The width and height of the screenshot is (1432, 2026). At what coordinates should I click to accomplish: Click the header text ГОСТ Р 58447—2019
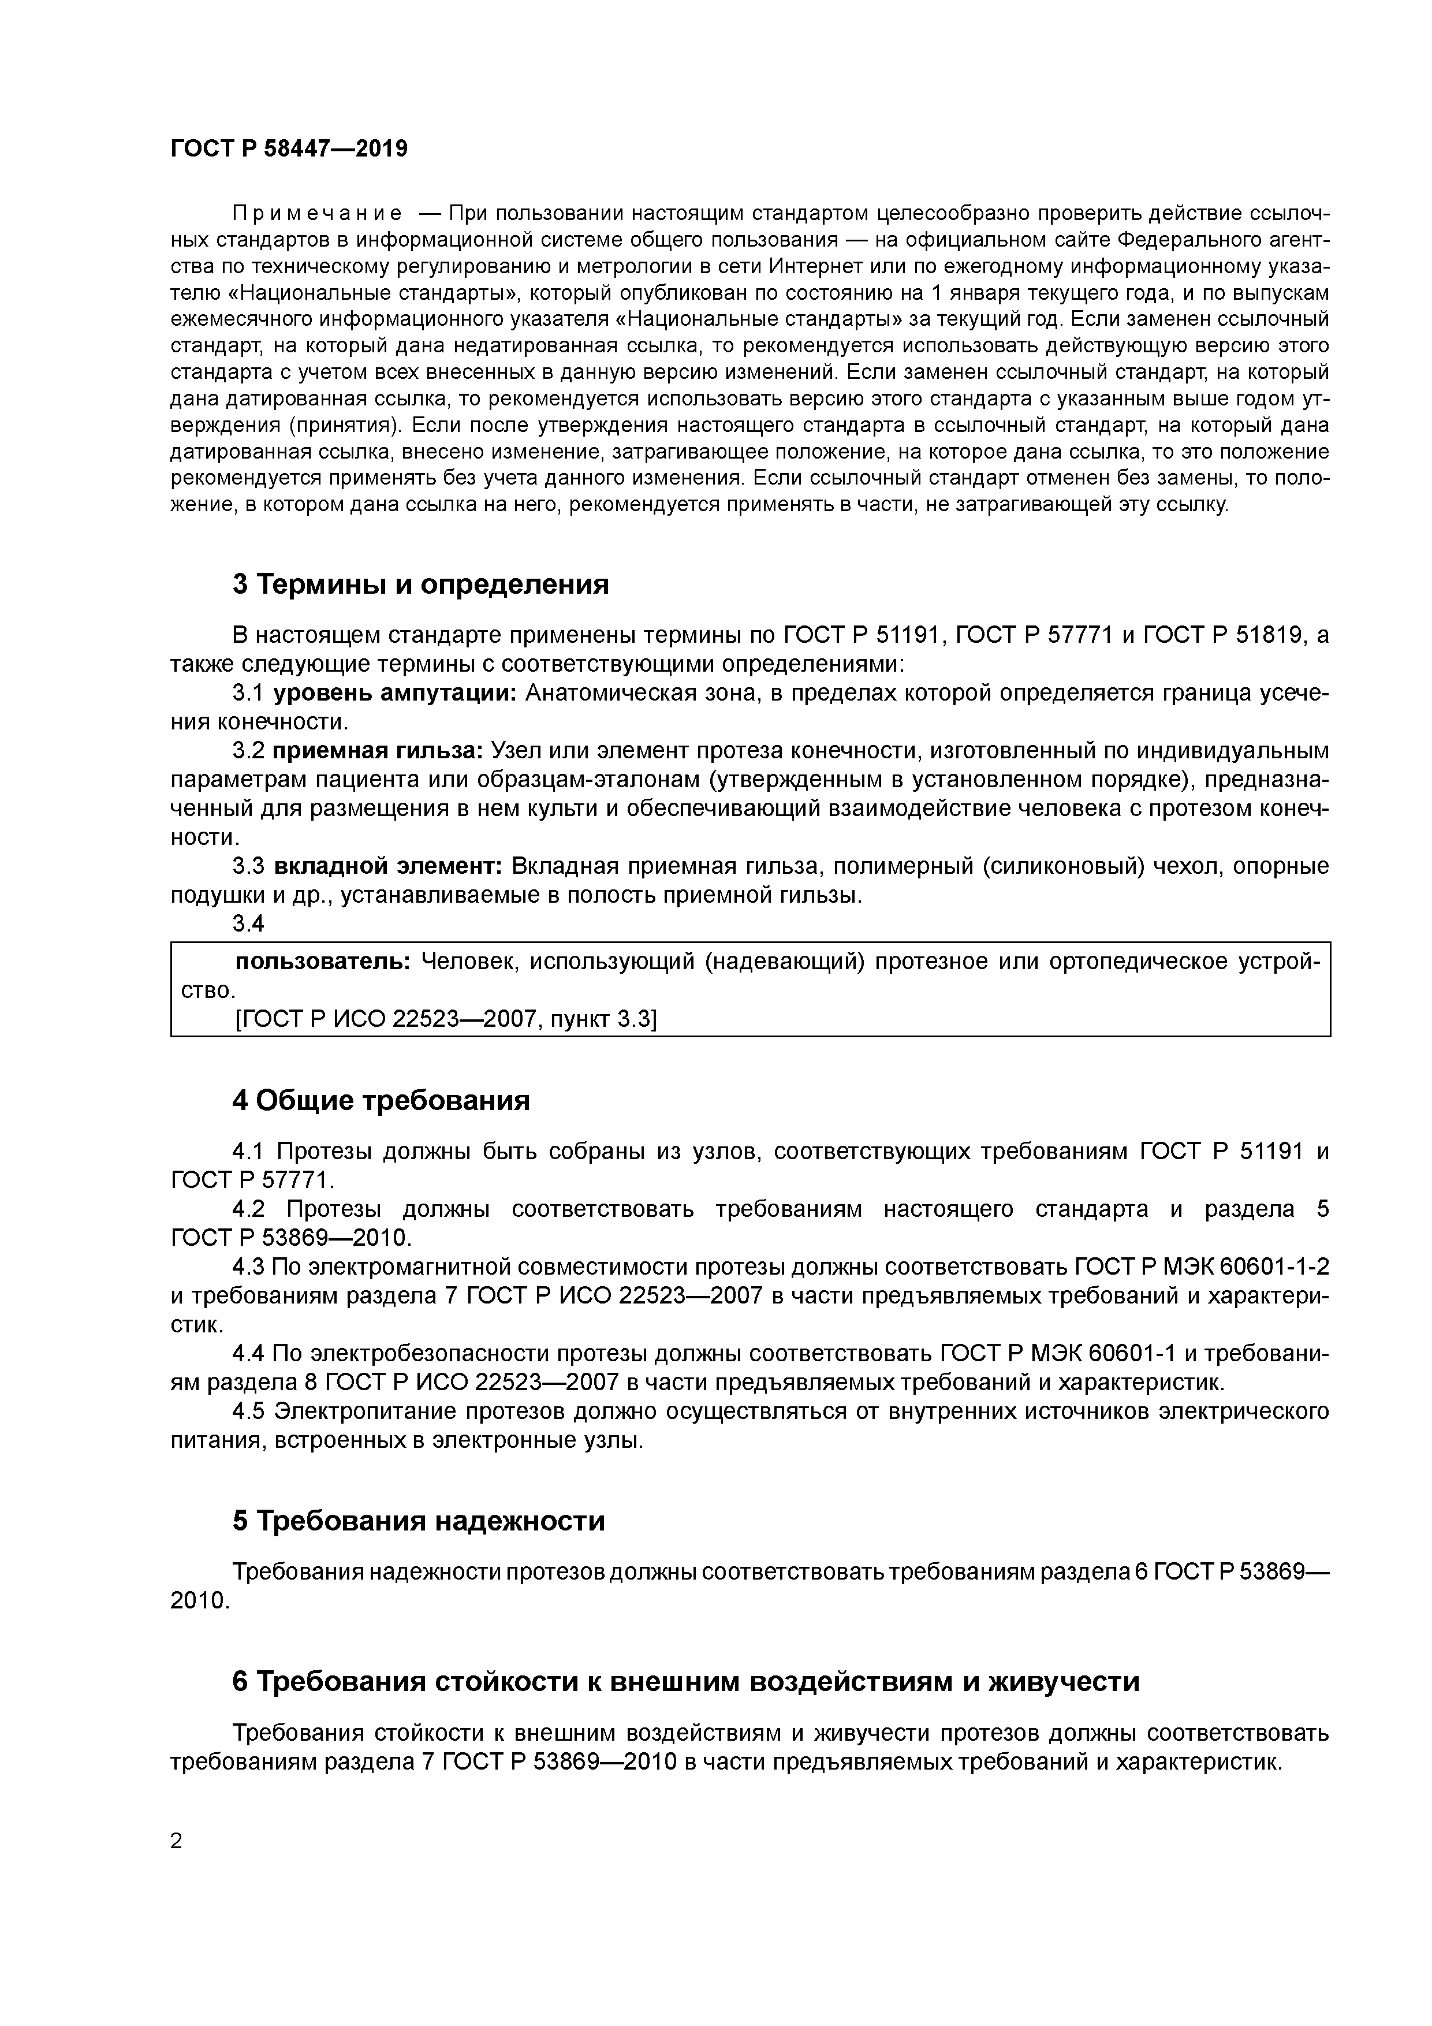tap(289, 148)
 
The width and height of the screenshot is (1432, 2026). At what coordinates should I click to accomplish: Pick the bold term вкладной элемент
tap(387, 866)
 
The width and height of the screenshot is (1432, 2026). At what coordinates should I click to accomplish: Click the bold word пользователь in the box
tap(323, 961)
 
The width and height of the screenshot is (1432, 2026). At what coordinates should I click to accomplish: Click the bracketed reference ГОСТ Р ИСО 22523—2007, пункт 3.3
tap(446, 1019)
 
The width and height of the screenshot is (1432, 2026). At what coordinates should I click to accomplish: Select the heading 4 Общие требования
tap(381, 1100)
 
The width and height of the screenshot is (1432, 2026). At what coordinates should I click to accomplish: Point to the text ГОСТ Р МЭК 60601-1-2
tap(1202, 1267)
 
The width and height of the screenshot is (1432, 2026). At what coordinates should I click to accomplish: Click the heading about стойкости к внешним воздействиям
tap(685, 1681)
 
